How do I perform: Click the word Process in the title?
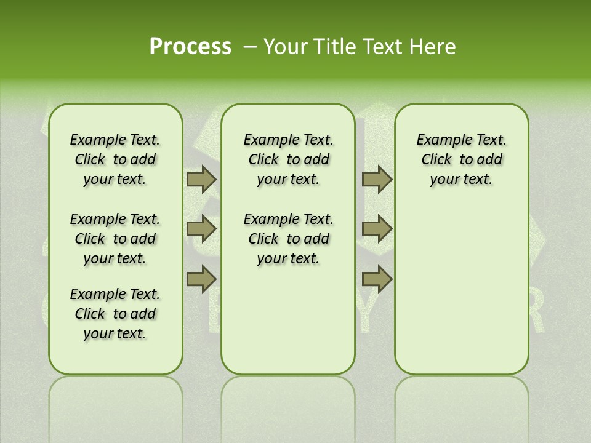[190, 46]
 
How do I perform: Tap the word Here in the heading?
[433, 47]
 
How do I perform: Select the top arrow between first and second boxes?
[201, 180]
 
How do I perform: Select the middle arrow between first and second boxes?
[201, 229]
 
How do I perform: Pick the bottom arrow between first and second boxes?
[201, 279]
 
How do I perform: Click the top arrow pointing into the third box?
[377, 180]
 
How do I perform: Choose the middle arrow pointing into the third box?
[377, 229]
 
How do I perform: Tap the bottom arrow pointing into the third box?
[377, 279]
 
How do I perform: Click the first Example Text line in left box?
[115, 140]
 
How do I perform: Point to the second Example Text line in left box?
[115, 219]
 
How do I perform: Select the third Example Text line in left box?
[115, 294]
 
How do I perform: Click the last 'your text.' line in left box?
[115, 333]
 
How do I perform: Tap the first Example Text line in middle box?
[288, 140]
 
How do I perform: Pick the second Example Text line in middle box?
[288, 219]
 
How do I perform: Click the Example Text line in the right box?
[461, 140]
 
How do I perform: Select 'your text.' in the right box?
[461, 179]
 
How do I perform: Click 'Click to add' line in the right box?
[461, 159]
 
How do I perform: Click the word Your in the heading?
[284, 47]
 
